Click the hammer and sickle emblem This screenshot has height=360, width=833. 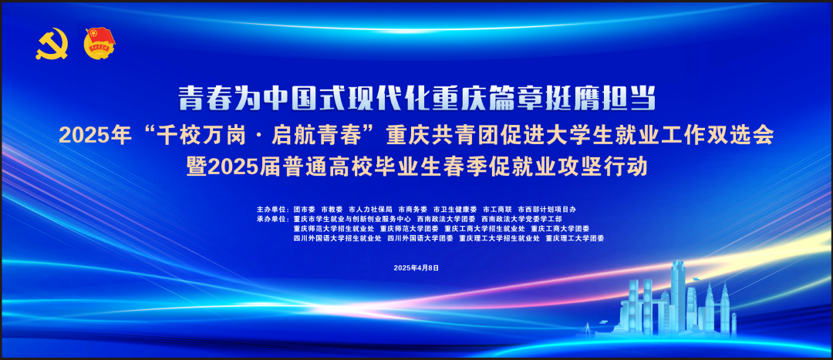point(52,44)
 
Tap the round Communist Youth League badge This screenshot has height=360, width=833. point(99,43)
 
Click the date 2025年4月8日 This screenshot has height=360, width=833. point(416,267)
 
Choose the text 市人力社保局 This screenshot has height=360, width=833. point(370,209)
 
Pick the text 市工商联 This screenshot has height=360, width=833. point(497,209)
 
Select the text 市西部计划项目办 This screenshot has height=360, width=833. point(547,209)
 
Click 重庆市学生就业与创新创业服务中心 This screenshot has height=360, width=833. point(352,219)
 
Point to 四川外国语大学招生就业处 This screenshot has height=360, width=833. point(337,239)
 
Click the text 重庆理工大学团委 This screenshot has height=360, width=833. point(574,239)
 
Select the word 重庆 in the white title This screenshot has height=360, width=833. point(460,99)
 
